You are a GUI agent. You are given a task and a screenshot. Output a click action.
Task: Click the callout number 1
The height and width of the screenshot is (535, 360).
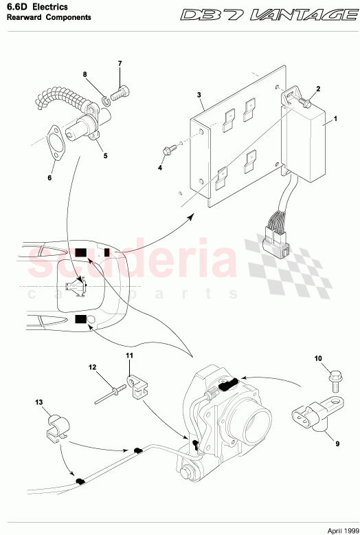coord(335,119)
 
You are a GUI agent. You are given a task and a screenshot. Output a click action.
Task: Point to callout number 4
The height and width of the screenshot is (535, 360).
coord(159,167)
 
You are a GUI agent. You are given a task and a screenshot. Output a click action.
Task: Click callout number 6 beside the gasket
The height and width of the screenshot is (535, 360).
coord(49,178)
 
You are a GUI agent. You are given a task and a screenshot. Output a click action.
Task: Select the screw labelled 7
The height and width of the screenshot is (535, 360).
coord(121,90)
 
